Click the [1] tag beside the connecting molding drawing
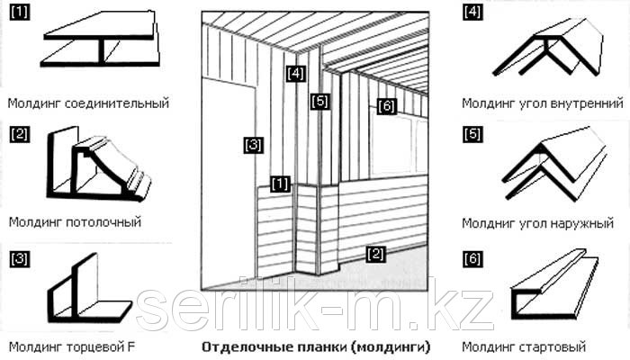19,13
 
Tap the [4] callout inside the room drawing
296,74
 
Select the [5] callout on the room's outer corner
319,101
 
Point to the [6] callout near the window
386,106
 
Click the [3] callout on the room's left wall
253,145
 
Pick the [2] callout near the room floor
375,254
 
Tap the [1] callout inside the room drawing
280,184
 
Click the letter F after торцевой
131,346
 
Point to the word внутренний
581,103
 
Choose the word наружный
577,223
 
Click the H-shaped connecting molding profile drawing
100,39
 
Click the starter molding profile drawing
554,285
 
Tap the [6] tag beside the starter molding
472,258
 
